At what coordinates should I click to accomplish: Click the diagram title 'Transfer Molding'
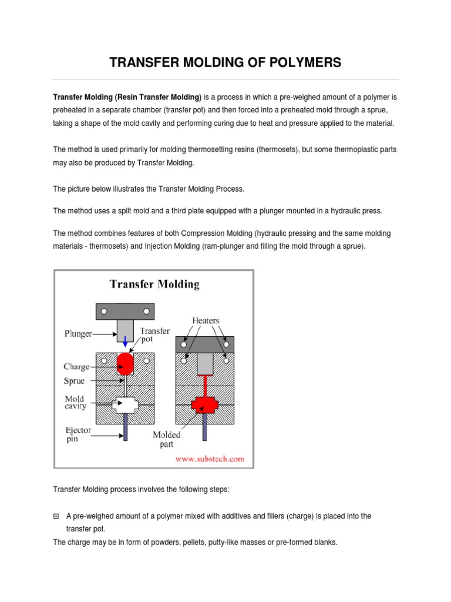click(x=154, y=285)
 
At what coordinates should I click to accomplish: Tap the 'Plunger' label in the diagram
click(x=78, y=333)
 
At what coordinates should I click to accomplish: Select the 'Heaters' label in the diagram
click(x=206, y=320)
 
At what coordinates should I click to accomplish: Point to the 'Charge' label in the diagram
click(x=76, y=366)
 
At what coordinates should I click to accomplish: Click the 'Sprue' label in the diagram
click(x=75, y=380)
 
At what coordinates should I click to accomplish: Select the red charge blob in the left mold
click(x=126, y=364)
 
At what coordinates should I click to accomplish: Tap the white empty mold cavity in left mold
click(x=126, y=404)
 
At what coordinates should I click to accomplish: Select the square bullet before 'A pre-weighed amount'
click(x=56, y=516)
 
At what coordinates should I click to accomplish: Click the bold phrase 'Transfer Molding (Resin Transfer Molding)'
click(x=127, y=96)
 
